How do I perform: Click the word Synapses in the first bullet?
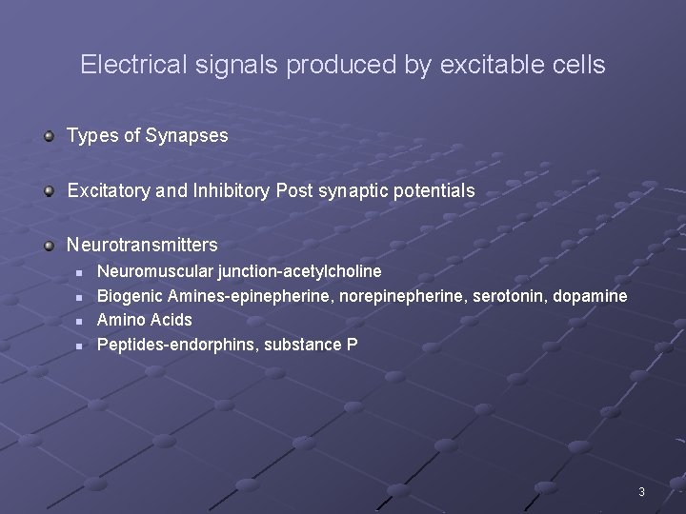187,136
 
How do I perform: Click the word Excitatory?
108,191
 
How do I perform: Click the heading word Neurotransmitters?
142,246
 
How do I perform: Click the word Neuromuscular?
155,272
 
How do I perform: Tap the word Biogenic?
130,296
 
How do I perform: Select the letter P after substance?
353,345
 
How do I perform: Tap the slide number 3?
641,492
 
